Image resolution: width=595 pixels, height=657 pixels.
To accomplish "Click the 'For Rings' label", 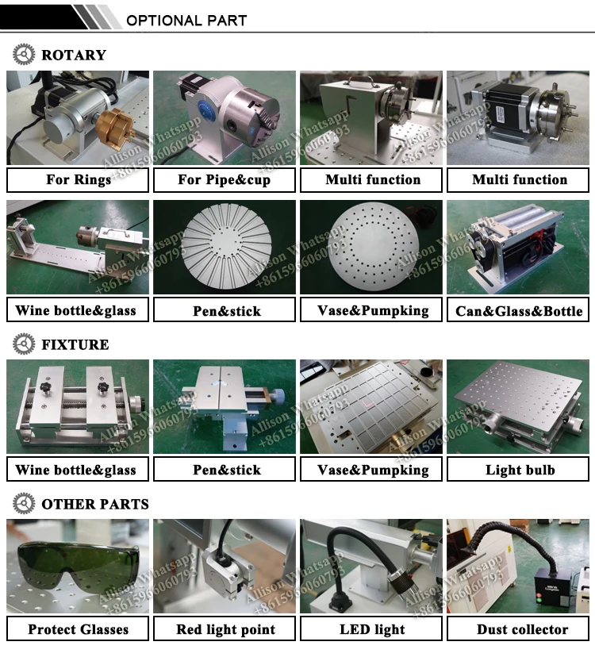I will [78, 179].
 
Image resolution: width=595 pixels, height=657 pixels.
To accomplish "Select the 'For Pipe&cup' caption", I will [225, 179].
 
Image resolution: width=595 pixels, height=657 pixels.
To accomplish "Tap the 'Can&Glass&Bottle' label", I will [519, 311].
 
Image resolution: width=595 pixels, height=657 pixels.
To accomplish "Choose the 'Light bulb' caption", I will [520, 470].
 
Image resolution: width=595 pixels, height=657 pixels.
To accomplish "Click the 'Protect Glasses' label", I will [78, 629].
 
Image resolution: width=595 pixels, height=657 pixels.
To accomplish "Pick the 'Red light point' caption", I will [225, 629].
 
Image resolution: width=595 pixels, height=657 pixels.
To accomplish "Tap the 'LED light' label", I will [372, 629].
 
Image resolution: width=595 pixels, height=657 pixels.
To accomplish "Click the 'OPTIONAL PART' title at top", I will [186, 20].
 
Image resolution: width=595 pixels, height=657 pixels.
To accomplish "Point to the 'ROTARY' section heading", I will [73, 55].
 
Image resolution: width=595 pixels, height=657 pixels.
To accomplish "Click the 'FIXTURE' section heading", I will [75, 344].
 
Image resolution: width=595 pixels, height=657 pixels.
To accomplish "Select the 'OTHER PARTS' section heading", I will [94, 504].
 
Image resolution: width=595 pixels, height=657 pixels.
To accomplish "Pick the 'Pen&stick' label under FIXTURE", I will [226, 470].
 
